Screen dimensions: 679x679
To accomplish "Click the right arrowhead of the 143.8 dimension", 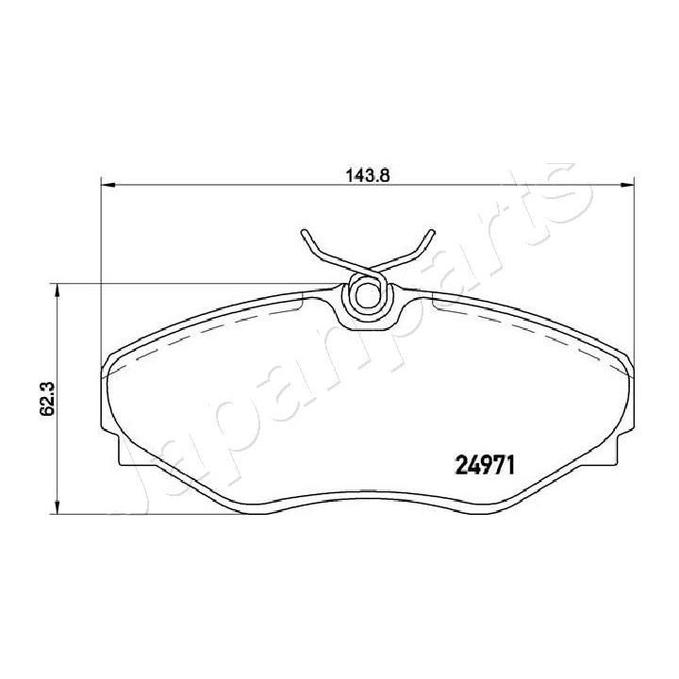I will point(625,185).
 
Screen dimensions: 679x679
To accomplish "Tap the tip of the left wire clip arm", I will point(304,233).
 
